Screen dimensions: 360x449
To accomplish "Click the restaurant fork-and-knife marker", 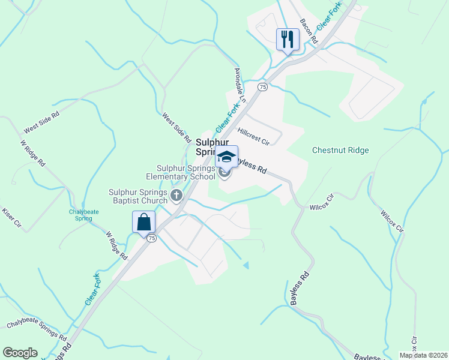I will (287, 40).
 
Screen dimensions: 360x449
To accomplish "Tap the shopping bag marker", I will (143, 222).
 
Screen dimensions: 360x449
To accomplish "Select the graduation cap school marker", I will (226, 157).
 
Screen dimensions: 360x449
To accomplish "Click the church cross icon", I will (176, 194).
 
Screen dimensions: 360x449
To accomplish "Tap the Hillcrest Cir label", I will (253, 137).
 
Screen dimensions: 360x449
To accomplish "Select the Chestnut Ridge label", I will (340, 150).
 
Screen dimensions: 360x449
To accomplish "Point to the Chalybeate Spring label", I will (80, 215).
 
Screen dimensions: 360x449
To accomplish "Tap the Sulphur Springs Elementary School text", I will (185, 173).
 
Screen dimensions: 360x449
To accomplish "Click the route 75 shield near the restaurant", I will (262, 87).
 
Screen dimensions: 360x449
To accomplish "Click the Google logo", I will (20, 353).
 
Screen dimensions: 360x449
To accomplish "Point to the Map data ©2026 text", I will (423, 355).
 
